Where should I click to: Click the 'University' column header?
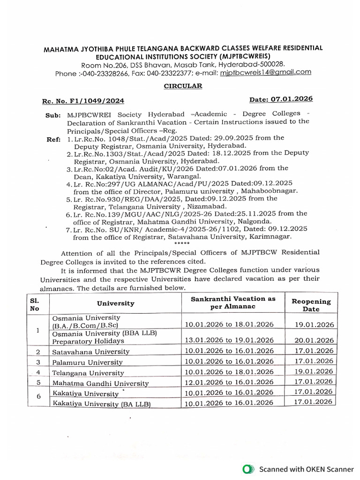115,303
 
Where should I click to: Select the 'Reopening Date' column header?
311,305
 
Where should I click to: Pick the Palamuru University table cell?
88,362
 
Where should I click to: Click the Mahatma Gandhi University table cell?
100,383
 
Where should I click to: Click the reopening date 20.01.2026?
314,340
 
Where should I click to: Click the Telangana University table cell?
89,373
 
